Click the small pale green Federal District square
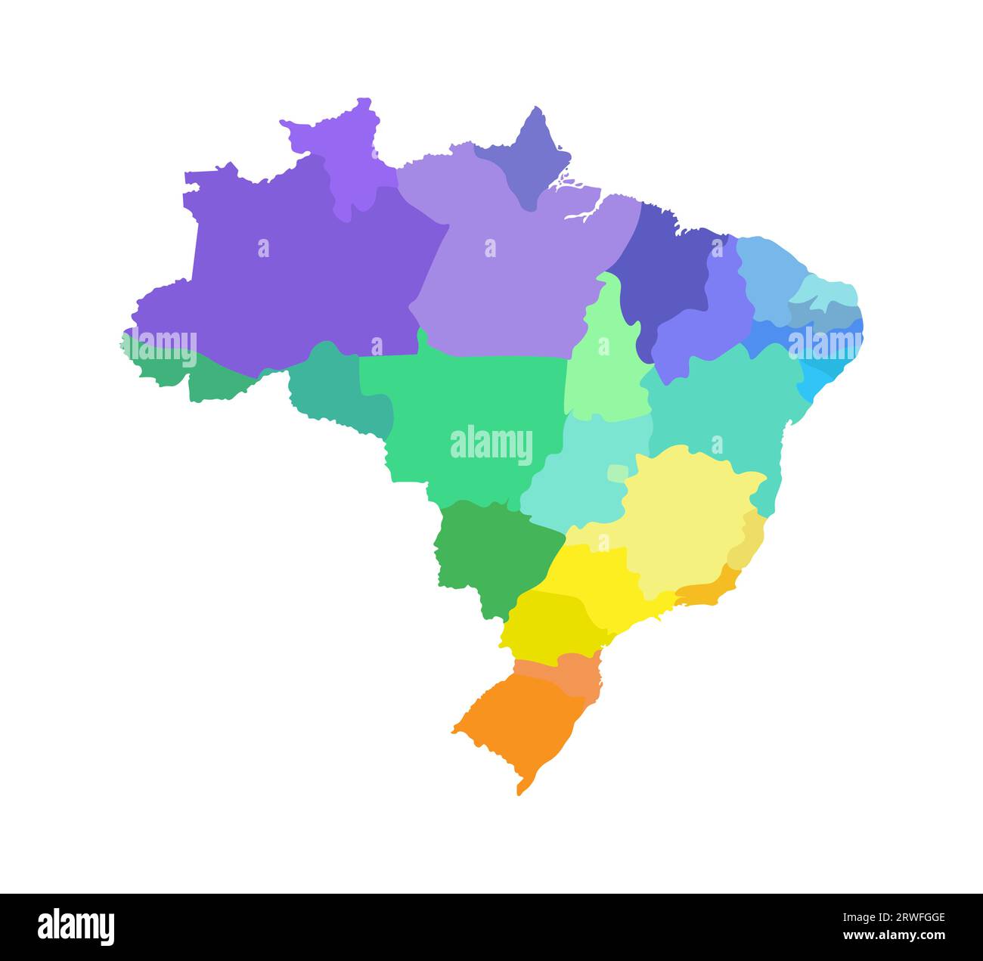click(x=617, y=473)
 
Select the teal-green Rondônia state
click(x=333, y=389)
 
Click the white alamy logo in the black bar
click(x=76, y=927)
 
